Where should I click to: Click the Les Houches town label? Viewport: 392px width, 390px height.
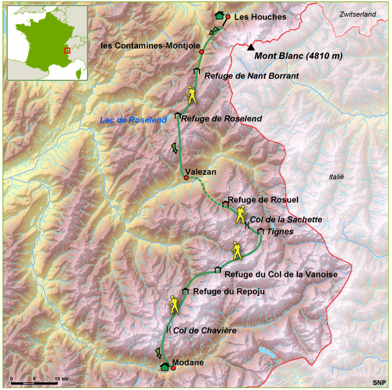click(x=260, y=17)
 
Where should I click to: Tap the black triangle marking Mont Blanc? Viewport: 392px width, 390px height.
click(x=251, y=47)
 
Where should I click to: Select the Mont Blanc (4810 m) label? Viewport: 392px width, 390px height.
click(x=298, y=56)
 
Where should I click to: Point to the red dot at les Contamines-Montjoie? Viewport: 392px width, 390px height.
click(x=202, y=51)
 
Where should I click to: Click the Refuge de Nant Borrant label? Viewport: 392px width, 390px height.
click(x=251, y=76)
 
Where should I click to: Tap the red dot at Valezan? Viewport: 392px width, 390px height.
click(x=186, y=177)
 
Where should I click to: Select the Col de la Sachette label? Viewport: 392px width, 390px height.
click(x=286, y=219)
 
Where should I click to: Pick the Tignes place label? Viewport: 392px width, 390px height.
click(x=281, y=231)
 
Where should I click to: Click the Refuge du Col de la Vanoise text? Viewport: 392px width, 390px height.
click(x=281, y=274)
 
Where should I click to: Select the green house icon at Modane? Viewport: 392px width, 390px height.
click(x=165, y=367)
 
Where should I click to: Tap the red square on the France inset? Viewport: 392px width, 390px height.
click(x=67, y=50)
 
